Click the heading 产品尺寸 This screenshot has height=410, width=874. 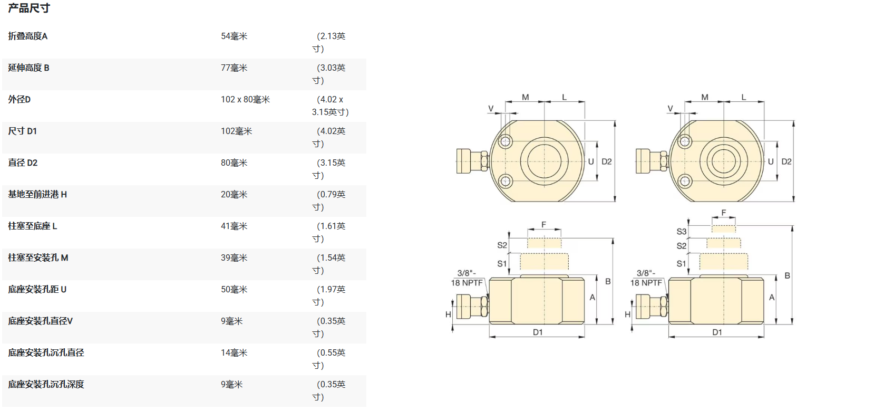tap(29, 8)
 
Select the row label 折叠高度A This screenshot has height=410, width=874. tap(28, 36)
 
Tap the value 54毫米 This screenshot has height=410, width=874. tap(234, 36)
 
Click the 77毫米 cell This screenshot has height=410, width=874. tap(234, 68)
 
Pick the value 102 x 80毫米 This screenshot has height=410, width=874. tap(245, 100)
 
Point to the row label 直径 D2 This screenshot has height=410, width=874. tap(23, 163)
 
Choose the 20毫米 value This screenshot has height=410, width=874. tap(234, 195)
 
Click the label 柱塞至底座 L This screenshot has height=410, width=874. tap(33, 226)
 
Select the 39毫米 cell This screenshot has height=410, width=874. tap(234, 258)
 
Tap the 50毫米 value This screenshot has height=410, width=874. tap(234, 290)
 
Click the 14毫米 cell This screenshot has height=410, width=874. tap(234, 353)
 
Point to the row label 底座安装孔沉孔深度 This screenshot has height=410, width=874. tap(46, 385)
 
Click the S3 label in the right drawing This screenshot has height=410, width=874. tap(681, 232)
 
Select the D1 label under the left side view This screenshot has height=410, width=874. tap(538, 332)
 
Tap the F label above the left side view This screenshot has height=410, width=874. tap(544, 225)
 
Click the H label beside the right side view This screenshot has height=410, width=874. tap(627, 314)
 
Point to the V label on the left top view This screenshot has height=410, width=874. tap(491, 109)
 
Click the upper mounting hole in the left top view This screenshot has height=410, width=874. tap(506, 141)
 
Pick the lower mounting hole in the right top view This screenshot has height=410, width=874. tap(685, 182)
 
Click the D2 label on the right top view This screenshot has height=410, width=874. tap(786, 161)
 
